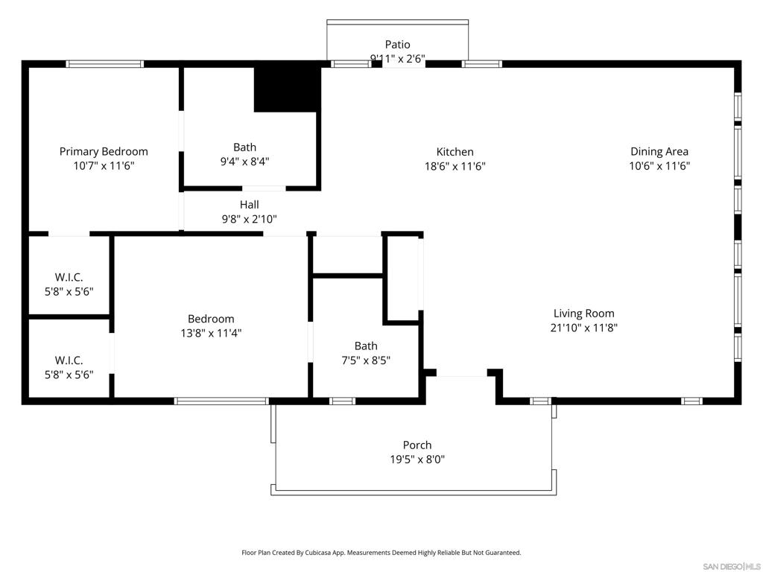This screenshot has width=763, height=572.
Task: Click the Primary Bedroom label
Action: (x=104, y=151)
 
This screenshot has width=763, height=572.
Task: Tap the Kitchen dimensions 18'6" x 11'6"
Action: (x=455, y=166)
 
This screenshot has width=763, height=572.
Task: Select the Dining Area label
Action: (x=659, y=151)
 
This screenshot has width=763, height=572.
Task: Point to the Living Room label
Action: (x=584, y=314)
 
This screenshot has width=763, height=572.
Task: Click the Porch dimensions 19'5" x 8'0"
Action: (x=417, y=459)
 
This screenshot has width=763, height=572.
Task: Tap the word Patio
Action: (x=398, y=45)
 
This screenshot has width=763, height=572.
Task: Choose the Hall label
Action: (x=249, y=205)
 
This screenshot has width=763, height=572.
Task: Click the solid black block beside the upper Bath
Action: (x=287, y=88)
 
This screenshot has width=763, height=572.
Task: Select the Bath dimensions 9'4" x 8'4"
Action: (x=244, y=161)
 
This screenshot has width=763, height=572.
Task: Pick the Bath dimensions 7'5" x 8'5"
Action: (x=366, y=360)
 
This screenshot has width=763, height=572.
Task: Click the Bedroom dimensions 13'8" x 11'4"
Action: (x=211, y=333)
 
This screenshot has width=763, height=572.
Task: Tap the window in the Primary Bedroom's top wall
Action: (x=105, y=64)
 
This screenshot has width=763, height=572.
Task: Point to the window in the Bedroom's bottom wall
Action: (x=221, y=401)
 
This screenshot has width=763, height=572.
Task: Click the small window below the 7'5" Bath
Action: (x=342, y=401)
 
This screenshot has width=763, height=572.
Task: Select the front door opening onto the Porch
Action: (x=462, y=373)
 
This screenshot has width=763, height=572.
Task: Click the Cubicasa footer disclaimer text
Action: (x=381, y=553)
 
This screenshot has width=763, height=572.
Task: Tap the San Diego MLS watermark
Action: (x=732, y=567)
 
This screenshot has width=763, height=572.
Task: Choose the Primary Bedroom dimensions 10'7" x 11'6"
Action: (x=104, y=166)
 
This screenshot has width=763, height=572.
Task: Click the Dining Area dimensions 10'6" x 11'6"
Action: (x=659, y=166)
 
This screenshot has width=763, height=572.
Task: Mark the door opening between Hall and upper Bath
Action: (x=264, y=188)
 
